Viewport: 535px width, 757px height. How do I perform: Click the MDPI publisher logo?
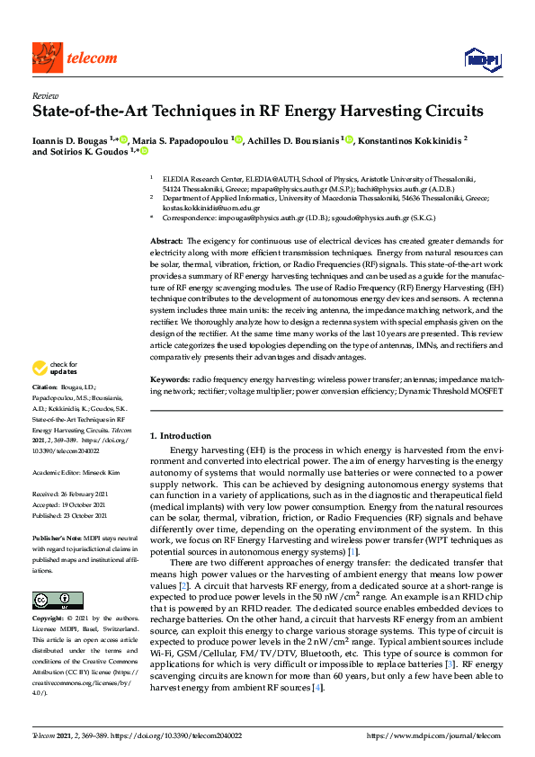point(482,59)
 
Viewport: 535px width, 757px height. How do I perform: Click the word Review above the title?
point(45,94)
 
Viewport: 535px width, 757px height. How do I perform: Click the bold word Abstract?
point(166,242)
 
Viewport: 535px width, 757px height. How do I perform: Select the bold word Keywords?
point(170,380)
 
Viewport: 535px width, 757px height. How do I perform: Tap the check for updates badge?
point(56,368)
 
